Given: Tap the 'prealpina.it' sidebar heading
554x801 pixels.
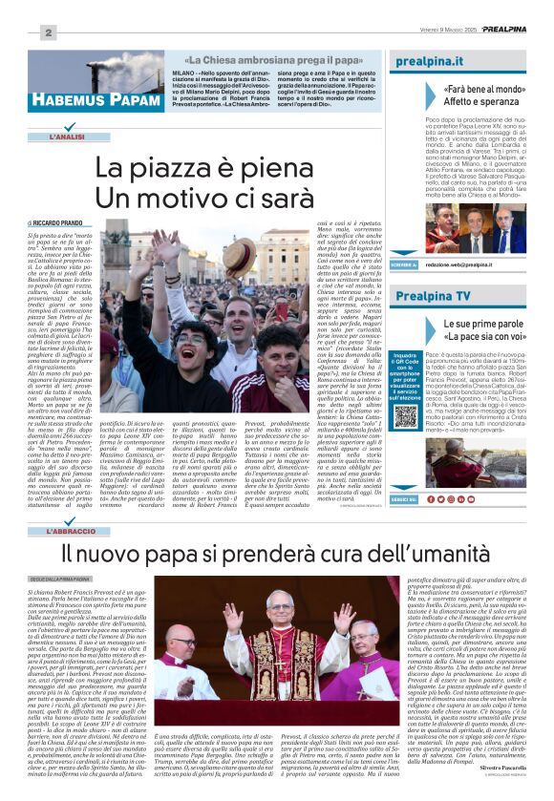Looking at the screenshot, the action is click(x=428, y=64).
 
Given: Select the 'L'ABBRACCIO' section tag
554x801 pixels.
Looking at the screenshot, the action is click(x=75, y=530).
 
